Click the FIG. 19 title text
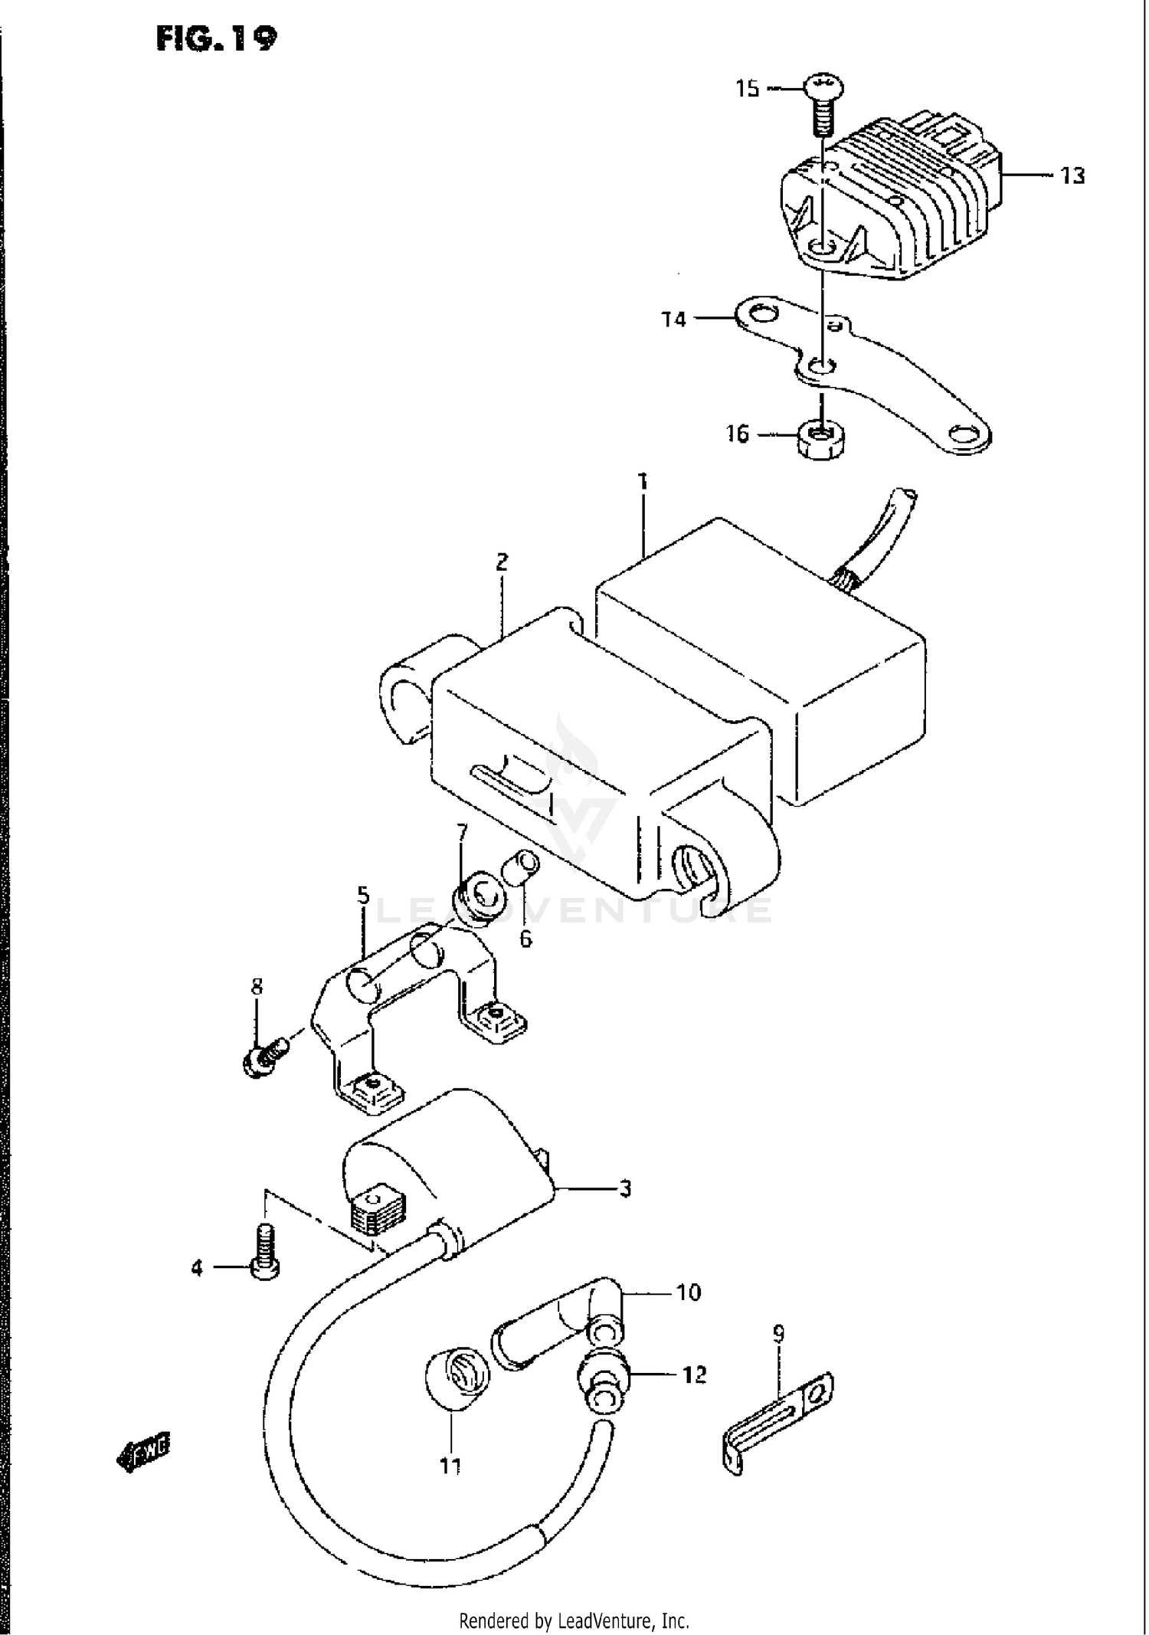[x=216, y=38]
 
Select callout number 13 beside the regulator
[x=1072, y=176]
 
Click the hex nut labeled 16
[x=820, y=441]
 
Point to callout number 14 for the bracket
[x=674, y=319]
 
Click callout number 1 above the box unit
[x=643, y=482]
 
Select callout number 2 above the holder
[x=502, y=563]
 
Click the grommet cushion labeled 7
[x=480, y=898]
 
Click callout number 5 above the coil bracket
[x=362, y=895]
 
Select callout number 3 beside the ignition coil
[x=625, y=1188]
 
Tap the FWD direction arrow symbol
[x=143, y=1449]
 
